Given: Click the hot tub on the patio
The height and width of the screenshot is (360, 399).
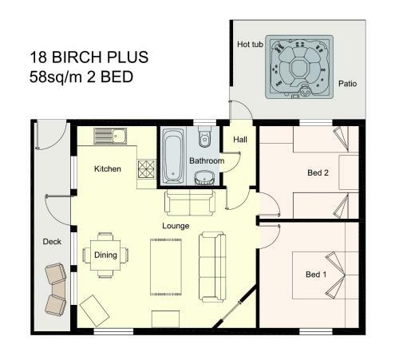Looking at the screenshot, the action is [299, 67].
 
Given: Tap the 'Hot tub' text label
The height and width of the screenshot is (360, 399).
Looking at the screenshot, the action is [250, 44].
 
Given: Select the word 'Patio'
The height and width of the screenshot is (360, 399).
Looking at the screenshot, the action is [347, 84].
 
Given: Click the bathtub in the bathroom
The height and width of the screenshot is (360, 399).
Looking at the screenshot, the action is [173, 156].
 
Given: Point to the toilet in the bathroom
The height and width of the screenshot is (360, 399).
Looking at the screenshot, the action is [204, 136].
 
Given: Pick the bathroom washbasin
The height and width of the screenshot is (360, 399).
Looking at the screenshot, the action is [204, 177].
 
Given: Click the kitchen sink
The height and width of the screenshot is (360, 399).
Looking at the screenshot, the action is [110, 136].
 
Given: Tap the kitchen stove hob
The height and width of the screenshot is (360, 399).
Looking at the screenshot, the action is [147, 169].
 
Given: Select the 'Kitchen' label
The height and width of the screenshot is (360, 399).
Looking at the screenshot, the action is [108, 168].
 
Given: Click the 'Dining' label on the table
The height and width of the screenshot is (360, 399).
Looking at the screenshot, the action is [105, 255].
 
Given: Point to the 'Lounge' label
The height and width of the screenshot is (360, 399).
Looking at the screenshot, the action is [176, 226].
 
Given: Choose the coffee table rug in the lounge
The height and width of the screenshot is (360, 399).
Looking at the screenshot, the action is [166, 267].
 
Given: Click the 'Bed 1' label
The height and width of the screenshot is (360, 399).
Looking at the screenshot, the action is [316, 275].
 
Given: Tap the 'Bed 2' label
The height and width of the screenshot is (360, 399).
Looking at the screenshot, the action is [318, 172].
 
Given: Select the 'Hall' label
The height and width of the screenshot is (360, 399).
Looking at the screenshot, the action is [240, 139].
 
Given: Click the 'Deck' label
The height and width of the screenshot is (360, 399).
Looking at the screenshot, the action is [52, 241].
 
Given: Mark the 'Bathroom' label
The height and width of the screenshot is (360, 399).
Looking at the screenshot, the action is [207, 160].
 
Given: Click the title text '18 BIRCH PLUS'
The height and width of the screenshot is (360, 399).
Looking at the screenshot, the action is [89, 57].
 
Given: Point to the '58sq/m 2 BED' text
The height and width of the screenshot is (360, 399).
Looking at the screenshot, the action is [81, 77].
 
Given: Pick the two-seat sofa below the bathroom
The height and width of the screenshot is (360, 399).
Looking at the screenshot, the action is [190, 203].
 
